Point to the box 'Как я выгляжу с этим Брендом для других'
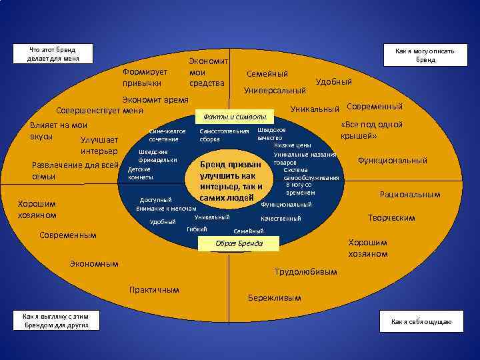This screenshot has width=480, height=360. click(56, 321)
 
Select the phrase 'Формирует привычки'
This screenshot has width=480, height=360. click(145, 77)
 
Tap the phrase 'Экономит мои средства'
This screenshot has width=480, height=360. click(208, 72)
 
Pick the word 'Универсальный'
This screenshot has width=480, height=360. click(275, 89)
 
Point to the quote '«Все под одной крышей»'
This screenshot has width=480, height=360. click(371, 130)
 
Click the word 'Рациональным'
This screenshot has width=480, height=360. click(410, 195)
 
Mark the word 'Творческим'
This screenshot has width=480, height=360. click(391, 218)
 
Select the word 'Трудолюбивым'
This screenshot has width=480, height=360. click(306, 272)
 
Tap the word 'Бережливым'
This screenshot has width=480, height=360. click(274, 297)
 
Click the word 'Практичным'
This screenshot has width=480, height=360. click(155, 289)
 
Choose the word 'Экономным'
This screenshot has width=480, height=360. click(94, 264)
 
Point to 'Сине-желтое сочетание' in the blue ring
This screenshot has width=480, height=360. click(167, 135)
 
